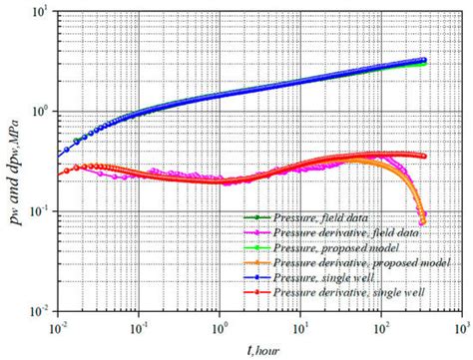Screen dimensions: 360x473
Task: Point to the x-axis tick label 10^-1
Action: coord(139,328)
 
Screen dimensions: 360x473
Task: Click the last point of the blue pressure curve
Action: coord(424,60)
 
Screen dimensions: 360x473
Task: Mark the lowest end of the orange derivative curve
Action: coord(424,221)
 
